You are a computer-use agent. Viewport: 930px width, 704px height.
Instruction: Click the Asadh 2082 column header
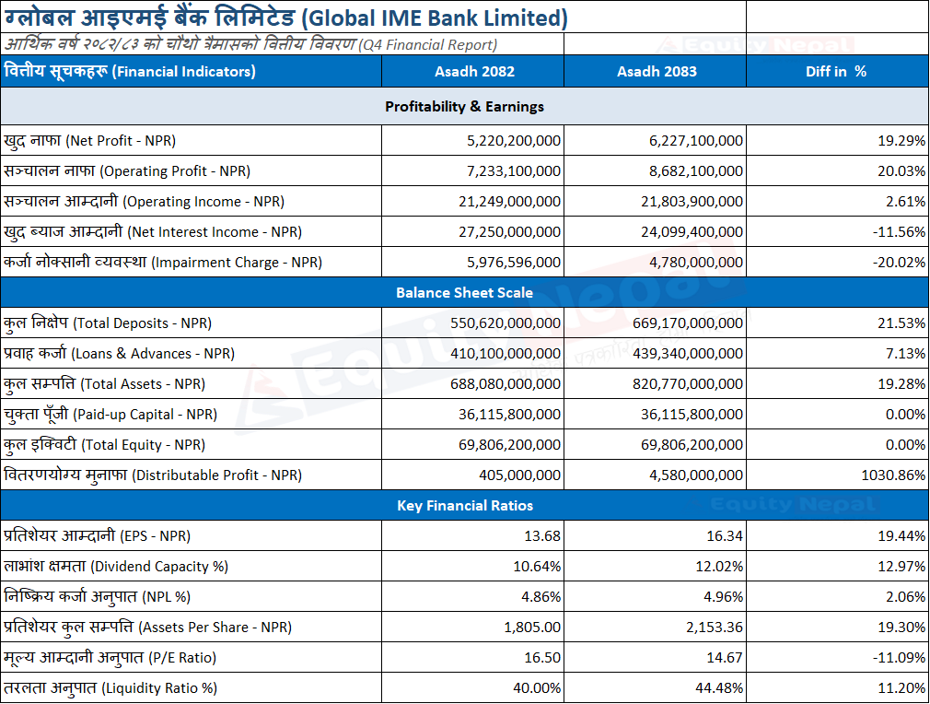pyautogui.click(x=474, y=72)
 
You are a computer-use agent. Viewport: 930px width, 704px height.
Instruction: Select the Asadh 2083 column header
pyautogui.click(x=657, y=72)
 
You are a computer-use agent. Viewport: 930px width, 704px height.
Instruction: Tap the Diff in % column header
pyautogui.click(x=836, y=72)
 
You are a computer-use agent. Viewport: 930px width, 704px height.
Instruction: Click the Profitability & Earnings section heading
pyautogui.click(x=464, y=107)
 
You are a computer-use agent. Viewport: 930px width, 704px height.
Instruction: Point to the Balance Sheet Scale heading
pyautogui.click(x=464, y=293)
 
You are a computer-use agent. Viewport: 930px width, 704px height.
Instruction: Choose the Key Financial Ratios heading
pyautogui.click(x=465, y=506)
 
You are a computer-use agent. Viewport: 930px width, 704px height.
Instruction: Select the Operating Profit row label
pyautogui.click(x=127, y=171)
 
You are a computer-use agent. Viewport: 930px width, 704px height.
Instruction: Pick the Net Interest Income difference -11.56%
pyautogui.click(x=899, y=232)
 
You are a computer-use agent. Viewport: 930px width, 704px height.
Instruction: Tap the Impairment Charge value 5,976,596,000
pyautogui.click(x=514, y=263)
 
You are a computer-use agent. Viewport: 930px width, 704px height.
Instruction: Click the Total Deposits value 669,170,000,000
pyautogui.click(x=688, y=323)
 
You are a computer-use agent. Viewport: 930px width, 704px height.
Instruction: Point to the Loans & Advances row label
pyautogui.click(x=119, y=354)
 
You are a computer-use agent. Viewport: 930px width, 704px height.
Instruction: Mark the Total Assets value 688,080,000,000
pyautogui.click(x=506, y=384)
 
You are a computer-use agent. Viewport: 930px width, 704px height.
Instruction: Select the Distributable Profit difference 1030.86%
pyautogui.click(x=893, y=475)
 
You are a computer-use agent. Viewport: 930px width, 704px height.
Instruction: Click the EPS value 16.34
pyautogui.click(x=724, y=536)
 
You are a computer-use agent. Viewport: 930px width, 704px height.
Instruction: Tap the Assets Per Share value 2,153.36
pyautogui.click(x=715, y=628)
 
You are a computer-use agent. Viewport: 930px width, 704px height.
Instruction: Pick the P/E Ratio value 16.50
pyautogui.click(x=542, y=658)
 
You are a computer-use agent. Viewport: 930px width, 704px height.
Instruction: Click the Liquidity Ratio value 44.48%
pyautogui.click(x=719, y=688)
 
